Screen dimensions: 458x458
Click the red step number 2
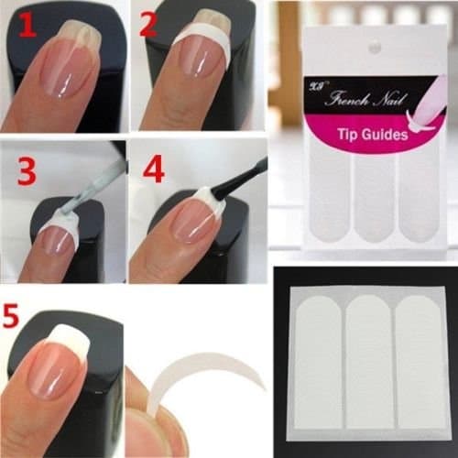click(148, 25)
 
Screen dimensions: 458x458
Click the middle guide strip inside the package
click(370, 192)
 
